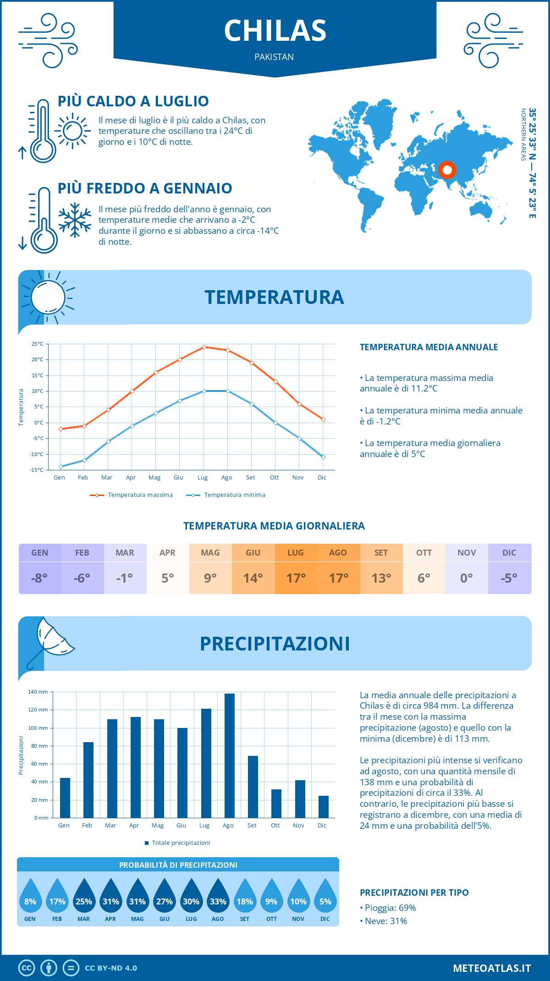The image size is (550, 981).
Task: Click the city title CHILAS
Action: (x=275, y=31)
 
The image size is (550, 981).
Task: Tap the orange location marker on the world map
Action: (x=447, y=170)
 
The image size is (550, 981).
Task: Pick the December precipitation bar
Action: (x=324, y=807)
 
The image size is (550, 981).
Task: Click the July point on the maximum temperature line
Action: (x=204, y=347)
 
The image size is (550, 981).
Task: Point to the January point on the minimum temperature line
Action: (x=60, y=467)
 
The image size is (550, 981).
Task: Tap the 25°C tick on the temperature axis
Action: (x=38, y=344)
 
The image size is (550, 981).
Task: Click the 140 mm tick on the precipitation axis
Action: (x=38, y=692)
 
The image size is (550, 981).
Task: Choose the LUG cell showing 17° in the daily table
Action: (x=296, y=569)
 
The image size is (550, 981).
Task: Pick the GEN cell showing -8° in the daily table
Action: (x=40, y=569)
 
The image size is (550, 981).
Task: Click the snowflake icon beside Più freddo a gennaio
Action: (x=75, y=220)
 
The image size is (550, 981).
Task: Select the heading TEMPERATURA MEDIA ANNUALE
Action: (x=429, y=347)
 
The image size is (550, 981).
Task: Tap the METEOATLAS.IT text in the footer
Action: (x=491, y=968)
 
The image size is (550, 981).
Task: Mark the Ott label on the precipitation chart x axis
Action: (x=275, y=825)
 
